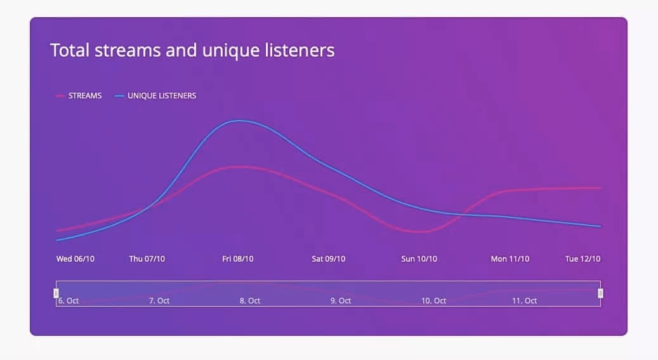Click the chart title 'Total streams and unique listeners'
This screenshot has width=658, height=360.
(x=192, y=50)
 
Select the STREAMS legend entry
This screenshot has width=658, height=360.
(x=79, y=96)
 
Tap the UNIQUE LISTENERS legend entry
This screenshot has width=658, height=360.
(x=155, y=96)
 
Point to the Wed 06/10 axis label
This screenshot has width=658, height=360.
(x=76, y=259)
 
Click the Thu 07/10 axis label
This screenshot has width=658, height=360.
(x=147, y=259)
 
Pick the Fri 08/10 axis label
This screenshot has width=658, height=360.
(x=238, y=259)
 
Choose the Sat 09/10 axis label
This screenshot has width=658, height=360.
(x=329, y=259)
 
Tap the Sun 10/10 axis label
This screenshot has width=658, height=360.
(x=419, y=259)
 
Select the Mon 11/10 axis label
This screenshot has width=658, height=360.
(x=510, y=259)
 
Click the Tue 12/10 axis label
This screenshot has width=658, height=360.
(x=583, y=259)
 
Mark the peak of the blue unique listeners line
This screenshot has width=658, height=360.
(x=239, y=121)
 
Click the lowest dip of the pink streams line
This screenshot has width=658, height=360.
(x=419, y=232)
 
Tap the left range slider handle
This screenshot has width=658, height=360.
(x=56, y=293)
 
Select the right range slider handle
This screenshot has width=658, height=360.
(x=600, y=293)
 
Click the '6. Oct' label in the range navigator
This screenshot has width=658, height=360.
(x=69, y=301)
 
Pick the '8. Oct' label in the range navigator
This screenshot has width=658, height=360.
(x=250, y=301)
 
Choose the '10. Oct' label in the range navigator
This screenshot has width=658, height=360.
(x=433, y=301)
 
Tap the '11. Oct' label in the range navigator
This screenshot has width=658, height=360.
(x=525, y=301)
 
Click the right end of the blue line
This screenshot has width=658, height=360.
(x=600, y=227)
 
